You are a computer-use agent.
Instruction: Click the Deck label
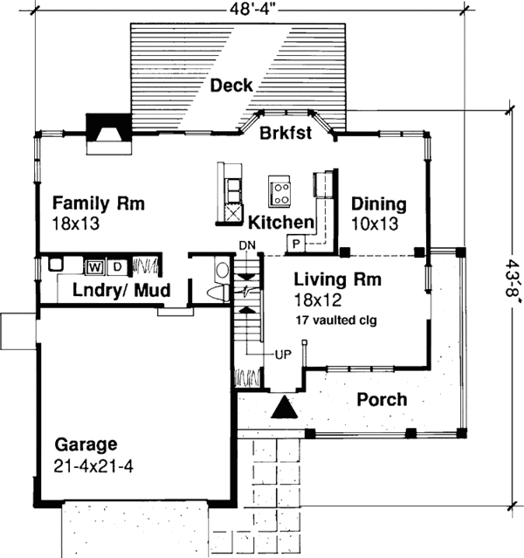(231, 86)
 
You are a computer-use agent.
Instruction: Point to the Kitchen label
(280, 221)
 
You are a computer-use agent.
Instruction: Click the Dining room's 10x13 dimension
(374, 224)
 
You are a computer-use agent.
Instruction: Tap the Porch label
(382, 400)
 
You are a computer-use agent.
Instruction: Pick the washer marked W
(93, 265)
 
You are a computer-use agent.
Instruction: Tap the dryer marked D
(117, 265)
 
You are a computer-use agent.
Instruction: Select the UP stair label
(282, 355)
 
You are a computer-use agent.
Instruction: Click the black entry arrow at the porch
(283, 408)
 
